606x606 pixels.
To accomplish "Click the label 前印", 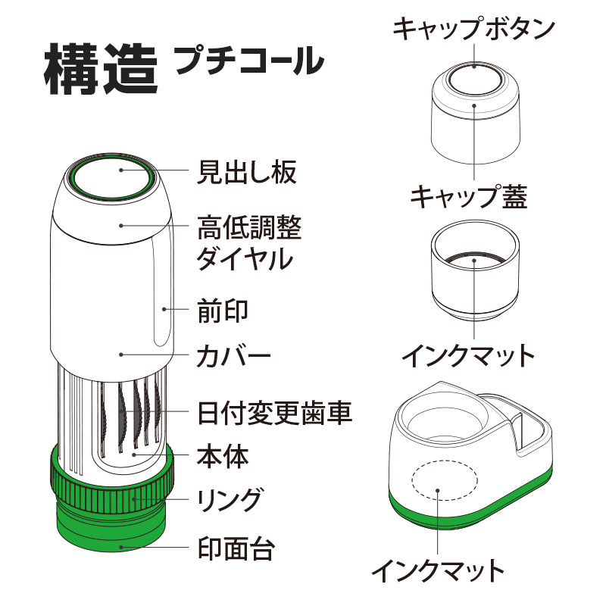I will pyautogui.click(x=223, y=311).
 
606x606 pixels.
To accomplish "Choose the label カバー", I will pyautogui.click(x=233, y=355).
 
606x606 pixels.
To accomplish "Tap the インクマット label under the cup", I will pyautogui.click(x=468, y=353).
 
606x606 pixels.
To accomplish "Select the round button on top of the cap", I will pyautogui.click(x=474, y=78).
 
